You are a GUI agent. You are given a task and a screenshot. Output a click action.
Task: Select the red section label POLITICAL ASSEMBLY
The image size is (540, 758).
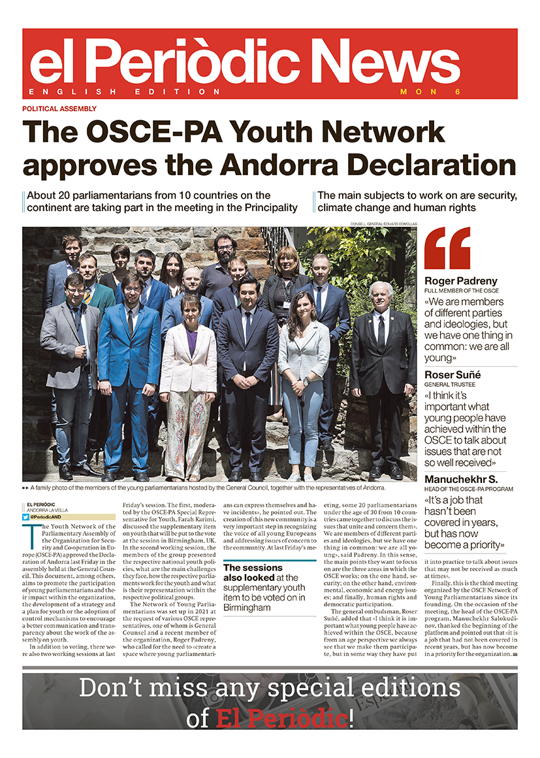click(59, 109)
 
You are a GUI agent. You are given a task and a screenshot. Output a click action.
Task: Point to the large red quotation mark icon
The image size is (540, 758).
click(447, 248)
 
